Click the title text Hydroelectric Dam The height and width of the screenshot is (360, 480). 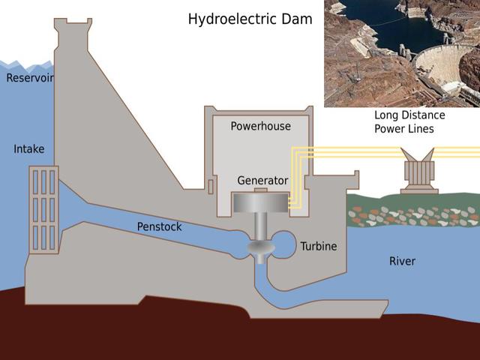pos(250,19)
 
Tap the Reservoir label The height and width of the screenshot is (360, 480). pos(28,78)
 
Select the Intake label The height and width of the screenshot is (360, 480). pos(28,149)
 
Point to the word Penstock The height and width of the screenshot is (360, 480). pos(159,226)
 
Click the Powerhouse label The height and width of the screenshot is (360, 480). pos(260,126)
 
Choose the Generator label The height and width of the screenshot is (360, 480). pos(262,181)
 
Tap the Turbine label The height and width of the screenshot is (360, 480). pos(319,246)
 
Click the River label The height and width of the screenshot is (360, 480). pos(402,261)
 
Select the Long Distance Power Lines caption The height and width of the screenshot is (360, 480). pos(409,122)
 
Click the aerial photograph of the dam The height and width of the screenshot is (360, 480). pos(401,52)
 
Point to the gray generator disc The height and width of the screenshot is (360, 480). pos(260,203)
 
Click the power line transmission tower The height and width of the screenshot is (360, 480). pos(419,175)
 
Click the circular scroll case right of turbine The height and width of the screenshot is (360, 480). pos(285,243)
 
